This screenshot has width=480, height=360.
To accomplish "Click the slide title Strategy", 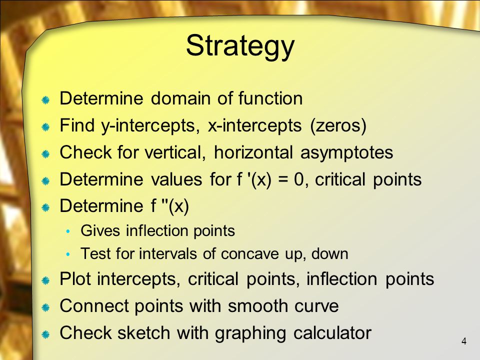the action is point(240,46).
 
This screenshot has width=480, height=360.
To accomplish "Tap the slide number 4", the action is point(464,341).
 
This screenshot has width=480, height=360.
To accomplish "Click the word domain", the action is point(180,98).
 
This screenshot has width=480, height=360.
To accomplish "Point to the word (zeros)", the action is point(338,126).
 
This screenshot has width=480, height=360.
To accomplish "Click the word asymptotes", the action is point(346,153).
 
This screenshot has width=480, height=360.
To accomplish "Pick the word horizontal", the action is point(253,152).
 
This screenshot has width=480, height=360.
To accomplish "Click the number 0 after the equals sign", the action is point(299,179).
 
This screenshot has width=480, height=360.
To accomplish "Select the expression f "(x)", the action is point(169,206).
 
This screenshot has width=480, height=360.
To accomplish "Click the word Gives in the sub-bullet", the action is point(100,230).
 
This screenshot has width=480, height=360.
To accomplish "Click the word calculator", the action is point(332,333).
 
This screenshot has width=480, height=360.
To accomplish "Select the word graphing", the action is point(250,333).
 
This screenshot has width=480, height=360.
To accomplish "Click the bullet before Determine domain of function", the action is point(45,100).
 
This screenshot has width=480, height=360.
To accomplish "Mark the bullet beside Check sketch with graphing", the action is point(45,334).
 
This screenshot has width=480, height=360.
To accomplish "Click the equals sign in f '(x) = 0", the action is point(283,179).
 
